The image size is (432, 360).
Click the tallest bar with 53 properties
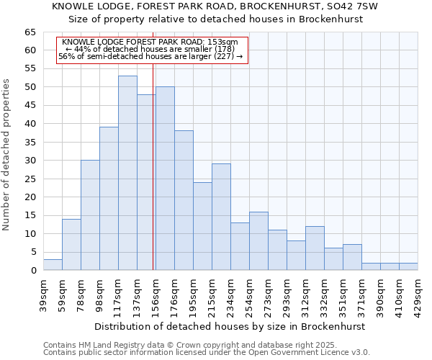click(127, 173)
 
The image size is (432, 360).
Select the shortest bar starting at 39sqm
click(53, 265)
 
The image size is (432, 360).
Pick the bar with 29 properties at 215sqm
click(221, 217)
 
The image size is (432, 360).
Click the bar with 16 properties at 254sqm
click(258, 241)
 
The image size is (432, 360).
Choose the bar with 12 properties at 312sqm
click(315, 248)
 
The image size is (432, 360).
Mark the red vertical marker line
click(153, 180)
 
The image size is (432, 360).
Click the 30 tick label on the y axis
click(30, 161)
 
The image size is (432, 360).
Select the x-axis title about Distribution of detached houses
click(230, 326)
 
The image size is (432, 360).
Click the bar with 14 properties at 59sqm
click(71, 245)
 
